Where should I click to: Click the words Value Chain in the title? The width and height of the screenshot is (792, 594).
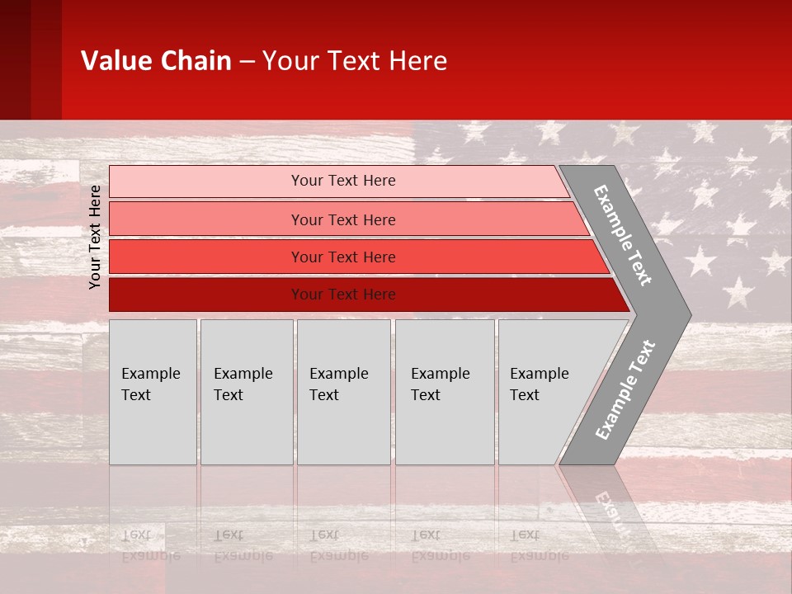click(156, 61)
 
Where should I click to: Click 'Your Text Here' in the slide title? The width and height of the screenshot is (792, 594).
click(355, 61)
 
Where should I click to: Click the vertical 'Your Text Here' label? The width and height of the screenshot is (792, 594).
click(95, 237)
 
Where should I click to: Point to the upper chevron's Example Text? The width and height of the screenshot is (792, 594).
click(623, 234)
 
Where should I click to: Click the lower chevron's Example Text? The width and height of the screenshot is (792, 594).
click(625, 389)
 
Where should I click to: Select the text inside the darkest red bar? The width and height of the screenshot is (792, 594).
click(343, 295)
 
